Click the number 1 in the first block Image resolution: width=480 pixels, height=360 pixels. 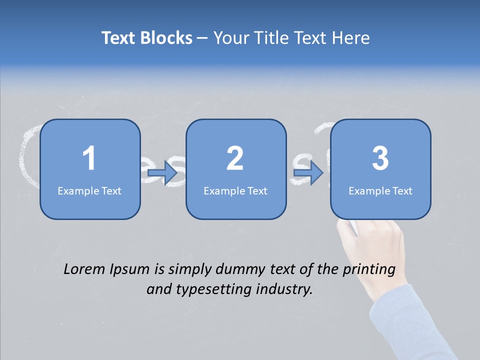tap(89, 158)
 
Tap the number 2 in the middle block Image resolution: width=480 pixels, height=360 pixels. tap(235, 158)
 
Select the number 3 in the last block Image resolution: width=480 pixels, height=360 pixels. tap(380, 158)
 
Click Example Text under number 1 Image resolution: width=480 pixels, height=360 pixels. tap(89, 191)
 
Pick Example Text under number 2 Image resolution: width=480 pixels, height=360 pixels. tap(235, 191)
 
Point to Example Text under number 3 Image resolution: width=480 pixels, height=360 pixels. tap(380, 191)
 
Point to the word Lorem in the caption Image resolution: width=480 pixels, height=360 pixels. tap(84, 269)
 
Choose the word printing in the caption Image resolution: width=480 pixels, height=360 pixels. tap(369, 270)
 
